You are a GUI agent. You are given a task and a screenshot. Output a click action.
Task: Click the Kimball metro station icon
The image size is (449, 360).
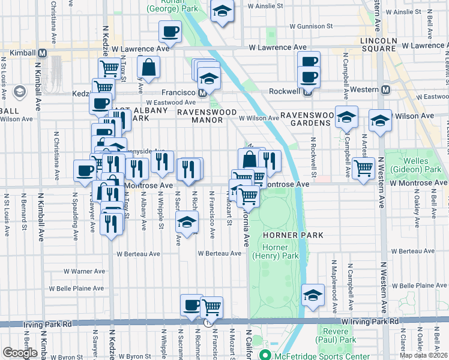[42, 53]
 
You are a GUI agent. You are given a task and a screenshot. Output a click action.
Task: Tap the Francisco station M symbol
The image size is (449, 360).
[203, 93]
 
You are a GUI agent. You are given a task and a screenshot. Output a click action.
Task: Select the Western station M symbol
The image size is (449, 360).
[385, 89]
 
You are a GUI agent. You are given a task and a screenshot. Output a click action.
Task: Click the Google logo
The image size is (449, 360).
[20, 352]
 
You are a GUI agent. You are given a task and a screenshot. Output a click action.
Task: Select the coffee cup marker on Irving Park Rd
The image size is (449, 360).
[191, 305]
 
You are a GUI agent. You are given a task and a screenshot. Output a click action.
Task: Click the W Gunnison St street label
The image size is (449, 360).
[311, 26]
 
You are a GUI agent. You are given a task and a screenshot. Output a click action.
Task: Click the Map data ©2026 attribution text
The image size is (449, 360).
[424, 355]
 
